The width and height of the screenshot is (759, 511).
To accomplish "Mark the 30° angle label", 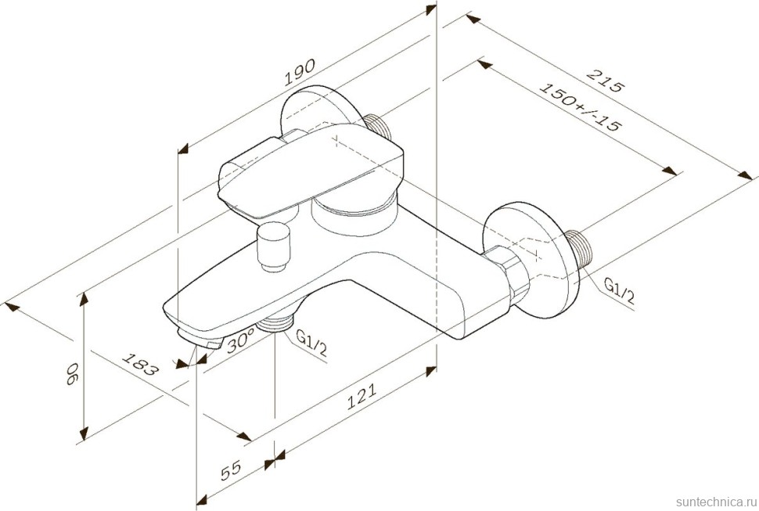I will [x=240, y=341].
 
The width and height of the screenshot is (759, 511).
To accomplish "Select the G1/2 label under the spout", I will [x=311, y=344].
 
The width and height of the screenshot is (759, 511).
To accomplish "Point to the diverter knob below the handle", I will [x=275, y=247].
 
